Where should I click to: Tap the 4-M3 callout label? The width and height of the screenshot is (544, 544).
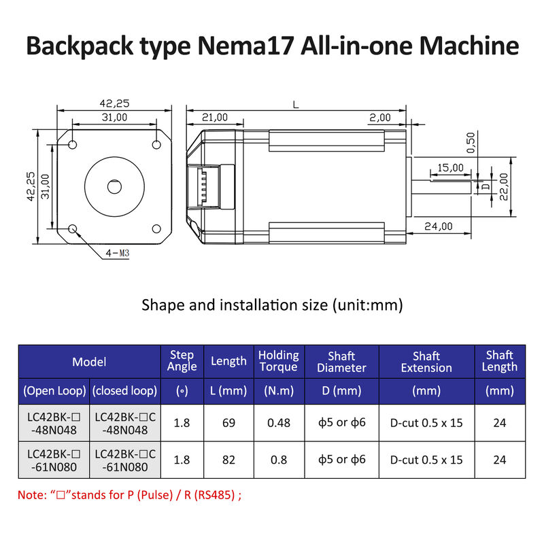coord(116,254)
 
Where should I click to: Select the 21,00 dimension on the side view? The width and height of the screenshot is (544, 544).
coord(214,118)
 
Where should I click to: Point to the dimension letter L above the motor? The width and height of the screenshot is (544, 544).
coord(294,105)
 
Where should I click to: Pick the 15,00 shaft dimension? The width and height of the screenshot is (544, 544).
coord(450,167)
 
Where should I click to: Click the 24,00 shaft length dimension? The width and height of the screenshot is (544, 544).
coord(438,226)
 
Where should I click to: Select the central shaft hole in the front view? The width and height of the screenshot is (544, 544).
coord(113,186)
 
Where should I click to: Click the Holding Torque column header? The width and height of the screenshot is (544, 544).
coord(278,361)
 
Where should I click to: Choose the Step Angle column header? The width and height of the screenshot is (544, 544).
coord(182,361)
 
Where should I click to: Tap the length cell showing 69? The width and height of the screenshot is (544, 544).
coord(228,423)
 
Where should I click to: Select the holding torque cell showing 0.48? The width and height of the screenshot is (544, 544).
coord(278,423)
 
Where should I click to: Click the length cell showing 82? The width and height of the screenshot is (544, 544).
coord(228,460)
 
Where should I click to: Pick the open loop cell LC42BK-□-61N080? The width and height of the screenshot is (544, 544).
coord(54,460)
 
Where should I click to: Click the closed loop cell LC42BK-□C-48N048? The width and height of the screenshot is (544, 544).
coord(125,423)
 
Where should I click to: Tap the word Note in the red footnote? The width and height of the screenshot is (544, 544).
coord(29,495)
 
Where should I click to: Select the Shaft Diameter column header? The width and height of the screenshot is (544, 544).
coord(341,361)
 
